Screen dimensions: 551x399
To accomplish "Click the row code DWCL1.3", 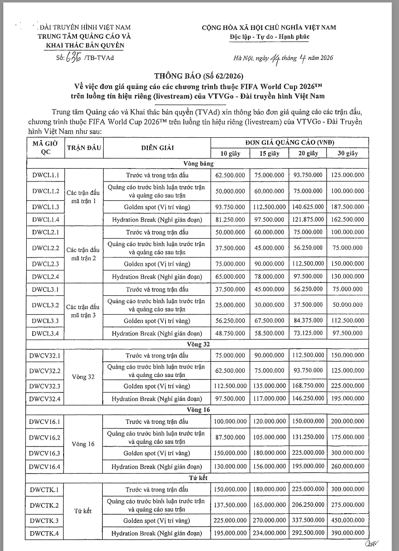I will tap(46, 207).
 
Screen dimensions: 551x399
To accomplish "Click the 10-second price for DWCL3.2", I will tap(229, 305).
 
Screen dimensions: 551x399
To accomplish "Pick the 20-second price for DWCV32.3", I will tap(308, 386).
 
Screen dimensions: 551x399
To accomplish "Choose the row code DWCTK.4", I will tap(46, 533).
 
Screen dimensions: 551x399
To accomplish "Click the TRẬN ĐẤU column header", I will tap(84, 147).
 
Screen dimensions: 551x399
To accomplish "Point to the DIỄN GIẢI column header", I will tap(156, 147).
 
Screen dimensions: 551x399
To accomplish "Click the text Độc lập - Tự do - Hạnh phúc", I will tap(270, 37).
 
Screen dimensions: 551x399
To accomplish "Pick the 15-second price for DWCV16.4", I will tap(269, 467).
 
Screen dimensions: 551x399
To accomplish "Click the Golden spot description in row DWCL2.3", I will tap(156, 264).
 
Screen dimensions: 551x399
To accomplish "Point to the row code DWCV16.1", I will tap(46, 422).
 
